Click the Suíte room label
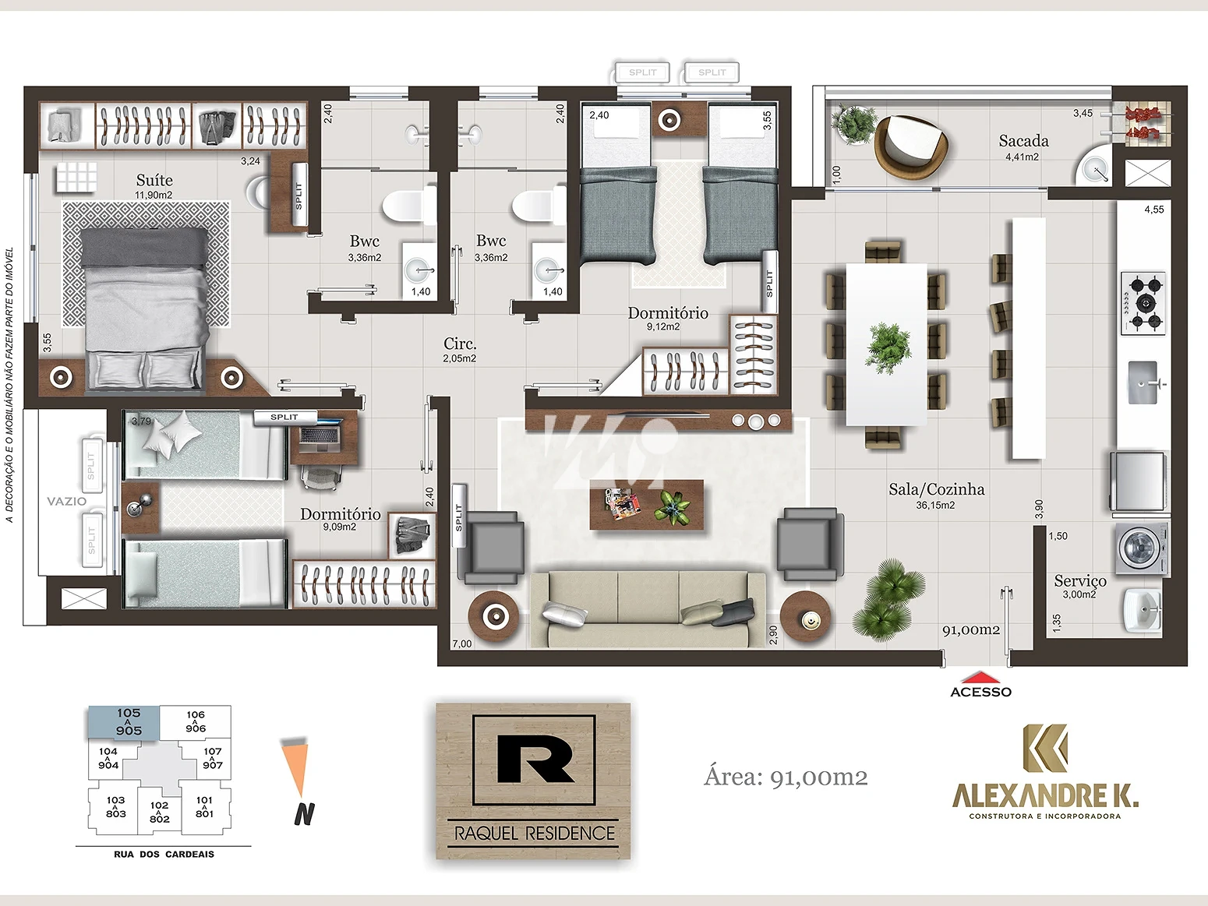(x=154, y=181)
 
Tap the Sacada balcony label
(x=1023, y=141)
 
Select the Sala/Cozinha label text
(x=936, y=489)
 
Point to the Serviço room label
(x=1079, y=581)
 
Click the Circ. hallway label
(x=459, y=344)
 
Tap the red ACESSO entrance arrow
(x=980, y=676)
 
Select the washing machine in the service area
(x=1143, y=549)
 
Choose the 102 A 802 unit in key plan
(x=159, y=812)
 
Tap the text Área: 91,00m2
(x=785, y=777)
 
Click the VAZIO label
(x=66, y=502)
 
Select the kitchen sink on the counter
(x=1143, y=382)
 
